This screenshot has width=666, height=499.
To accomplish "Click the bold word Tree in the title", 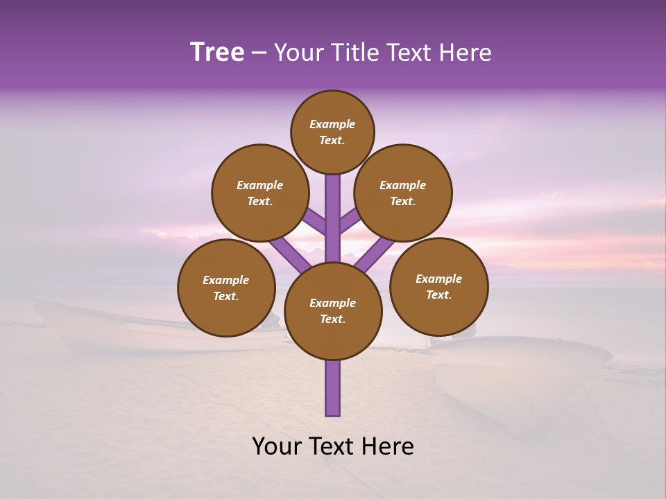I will tap(217, 53).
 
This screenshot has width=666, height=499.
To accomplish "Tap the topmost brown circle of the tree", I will tap(332, 132).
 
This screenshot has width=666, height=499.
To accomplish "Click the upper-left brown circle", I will tap(260, 193).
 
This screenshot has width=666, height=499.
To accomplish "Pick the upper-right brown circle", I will tap(403, 193).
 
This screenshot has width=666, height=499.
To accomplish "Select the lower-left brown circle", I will tap(226, 288).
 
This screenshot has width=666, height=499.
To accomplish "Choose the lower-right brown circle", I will tap(438, 286).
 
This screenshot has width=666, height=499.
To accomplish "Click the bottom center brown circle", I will tap(333, 310).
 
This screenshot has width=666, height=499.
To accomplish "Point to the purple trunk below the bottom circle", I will tap(333, 388).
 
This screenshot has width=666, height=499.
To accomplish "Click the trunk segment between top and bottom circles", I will tap(333, 218).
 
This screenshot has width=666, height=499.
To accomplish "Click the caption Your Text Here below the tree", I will tap(333, 446).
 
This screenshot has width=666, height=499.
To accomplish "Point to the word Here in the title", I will tap(466, 53).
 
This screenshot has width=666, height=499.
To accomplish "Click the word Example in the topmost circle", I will tap(332, 124).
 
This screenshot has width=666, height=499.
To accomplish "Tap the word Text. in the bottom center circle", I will tap(332, 319).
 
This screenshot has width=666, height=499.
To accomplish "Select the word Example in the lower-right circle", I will tap(438, 279).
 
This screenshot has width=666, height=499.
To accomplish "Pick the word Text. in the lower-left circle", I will tap(225, 297).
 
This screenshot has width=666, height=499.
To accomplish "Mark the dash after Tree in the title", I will tap(258, 53).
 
